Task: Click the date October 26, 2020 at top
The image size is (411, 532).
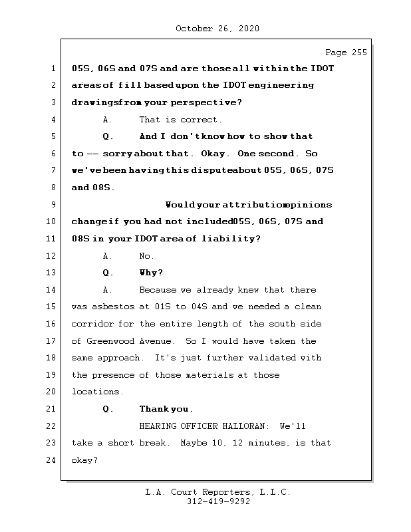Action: (x=217, y=29)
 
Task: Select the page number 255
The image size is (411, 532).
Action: (x=356, y=53)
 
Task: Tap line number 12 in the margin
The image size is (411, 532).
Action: (x=53, y=256)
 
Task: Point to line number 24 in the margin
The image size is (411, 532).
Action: (x=53, y=460)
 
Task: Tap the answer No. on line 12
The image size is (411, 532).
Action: (x=146, y=256)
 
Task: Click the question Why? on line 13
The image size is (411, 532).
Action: (x=151, y=273)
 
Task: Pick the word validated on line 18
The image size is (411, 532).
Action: (x=274, y=358)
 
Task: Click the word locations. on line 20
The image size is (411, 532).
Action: (x=98, y=392)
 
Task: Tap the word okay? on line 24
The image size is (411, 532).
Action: (x=84, y=460)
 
